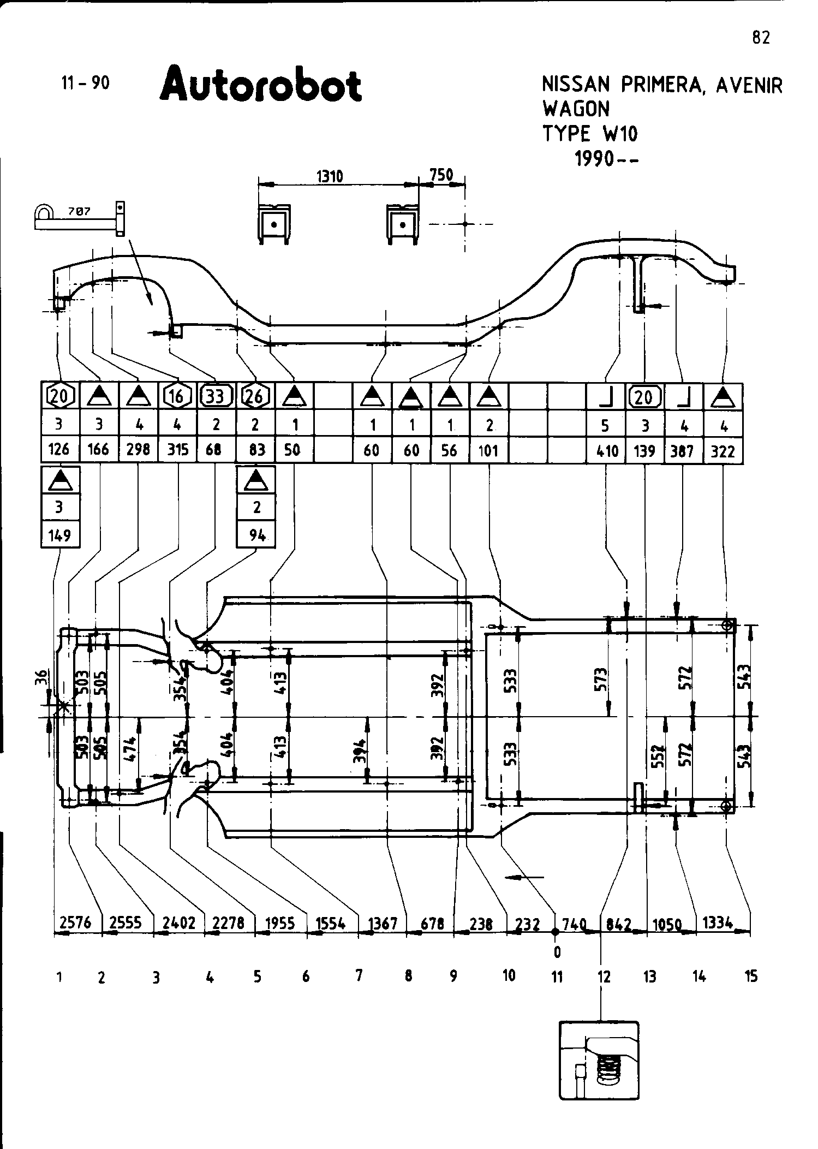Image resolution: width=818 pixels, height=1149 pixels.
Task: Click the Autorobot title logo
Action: (260, 85)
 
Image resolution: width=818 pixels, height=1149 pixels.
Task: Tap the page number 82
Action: (761, 38)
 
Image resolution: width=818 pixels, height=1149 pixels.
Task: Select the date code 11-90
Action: (85, 83)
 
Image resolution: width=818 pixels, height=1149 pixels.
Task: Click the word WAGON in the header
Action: (576, 109)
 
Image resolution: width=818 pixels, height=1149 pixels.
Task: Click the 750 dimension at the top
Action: (441, 175)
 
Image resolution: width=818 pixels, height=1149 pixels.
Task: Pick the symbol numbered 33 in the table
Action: (216, 396)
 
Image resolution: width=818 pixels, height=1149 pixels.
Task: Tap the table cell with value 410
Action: (607, 451)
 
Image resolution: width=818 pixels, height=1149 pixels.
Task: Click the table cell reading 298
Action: (138, 450)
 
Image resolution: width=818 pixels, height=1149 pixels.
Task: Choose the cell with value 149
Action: (59, 535)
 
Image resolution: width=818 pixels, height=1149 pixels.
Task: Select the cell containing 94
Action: (256, 535)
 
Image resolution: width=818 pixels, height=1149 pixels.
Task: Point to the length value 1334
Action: (717, 922)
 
